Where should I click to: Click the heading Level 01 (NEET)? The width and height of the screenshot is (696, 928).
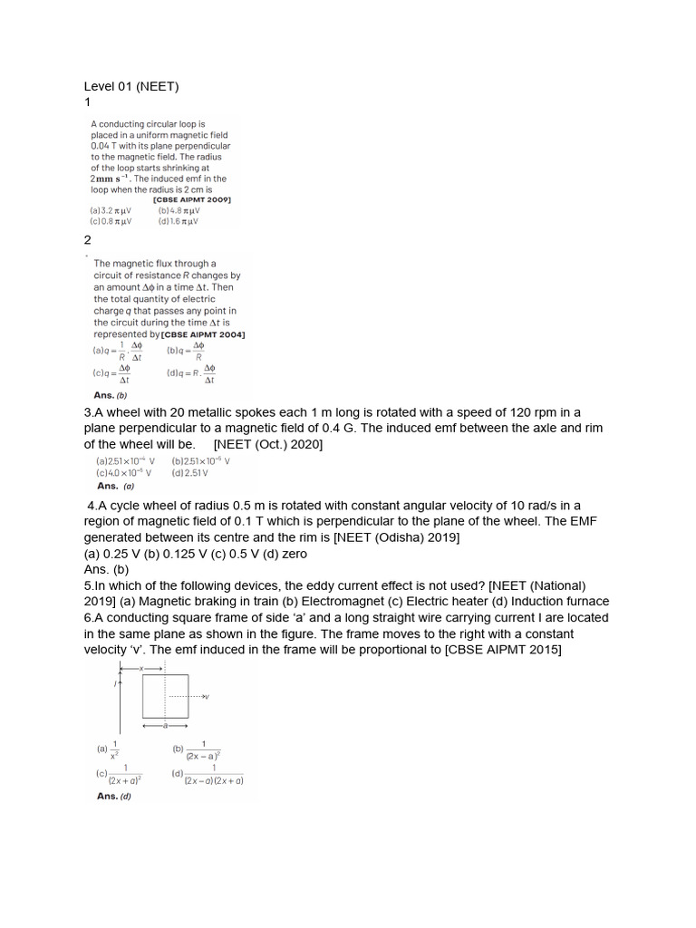pyautogui.click(x=131, y=87)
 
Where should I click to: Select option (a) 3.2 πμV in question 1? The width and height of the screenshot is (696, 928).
pyautogui.click(x=111, y=210)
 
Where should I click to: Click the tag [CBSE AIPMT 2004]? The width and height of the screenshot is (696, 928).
pyautogui.click(x=203, y=333)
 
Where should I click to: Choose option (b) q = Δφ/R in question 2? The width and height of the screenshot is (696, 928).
pyautogui.click(x=187, y=351)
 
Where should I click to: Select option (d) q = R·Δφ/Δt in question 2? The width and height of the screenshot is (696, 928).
pyautogui.click(x=191, y=373)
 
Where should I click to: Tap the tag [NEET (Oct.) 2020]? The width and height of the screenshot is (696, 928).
pyautogui.click(x=268, y=444)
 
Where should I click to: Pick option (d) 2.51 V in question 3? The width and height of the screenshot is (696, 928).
pyautogui.click(x=190, y=472)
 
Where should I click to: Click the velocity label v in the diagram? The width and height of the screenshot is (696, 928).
pyautogui.click(x=207, y=696)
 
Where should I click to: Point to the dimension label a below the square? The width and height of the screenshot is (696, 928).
pyautogui.click(x=164, y=725)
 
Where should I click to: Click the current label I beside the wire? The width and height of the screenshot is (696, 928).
pyautogui.click(x=114, y=684)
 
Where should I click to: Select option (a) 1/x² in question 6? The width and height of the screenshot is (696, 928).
pyautogui.click(x=109, y=749)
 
